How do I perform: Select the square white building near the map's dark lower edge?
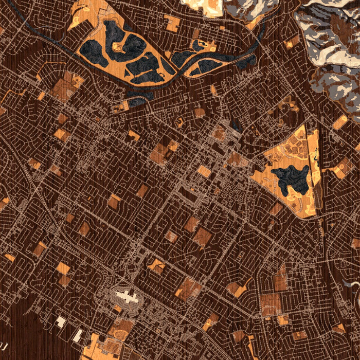[x=61, y=322]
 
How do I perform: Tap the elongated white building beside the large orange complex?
[x=78, y=335]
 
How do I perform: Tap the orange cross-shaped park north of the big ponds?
[x=172, y=22]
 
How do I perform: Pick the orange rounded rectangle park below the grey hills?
[x=339, y=122]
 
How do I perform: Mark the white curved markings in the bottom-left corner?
[x=4, y=341]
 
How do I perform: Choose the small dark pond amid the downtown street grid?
[x=236, y=125]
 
